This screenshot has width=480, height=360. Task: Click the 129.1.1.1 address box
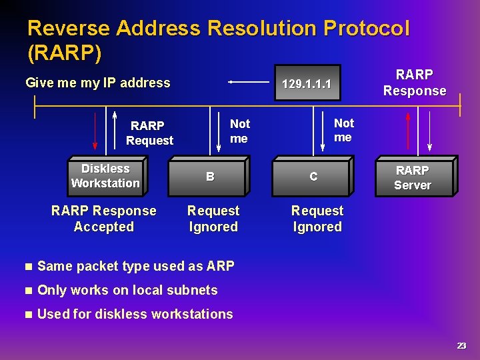(307, 83)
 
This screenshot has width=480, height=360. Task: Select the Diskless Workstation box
(105, 176)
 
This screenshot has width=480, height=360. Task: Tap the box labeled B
(209, 177)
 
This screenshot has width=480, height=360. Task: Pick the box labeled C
(313, 177)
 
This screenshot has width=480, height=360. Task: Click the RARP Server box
(413, 178)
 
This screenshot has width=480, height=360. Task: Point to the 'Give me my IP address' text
(97, 83)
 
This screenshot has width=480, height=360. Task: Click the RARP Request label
(149, 133)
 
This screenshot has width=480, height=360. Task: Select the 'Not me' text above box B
(239, 131)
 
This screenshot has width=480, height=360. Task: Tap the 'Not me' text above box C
(343, 130)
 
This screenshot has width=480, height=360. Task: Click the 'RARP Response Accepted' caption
(103, 219)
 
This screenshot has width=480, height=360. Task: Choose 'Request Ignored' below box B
(213, 219)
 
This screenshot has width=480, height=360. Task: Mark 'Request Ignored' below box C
(317, 219)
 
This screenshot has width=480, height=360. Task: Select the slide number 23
(461, 345)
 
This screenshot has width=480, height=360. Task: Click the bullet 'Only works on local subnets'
(127, 290)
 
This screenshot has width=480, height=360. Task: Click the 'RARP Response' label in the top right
(414, 83)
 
